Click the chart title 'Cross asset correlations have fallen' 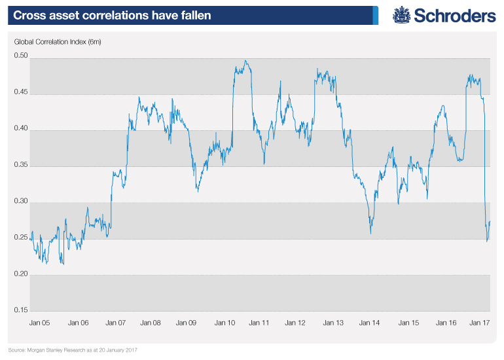109,14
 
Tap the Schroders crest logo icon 401,15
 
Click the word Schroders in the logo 453,15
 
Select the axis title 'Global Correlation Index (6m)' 58,43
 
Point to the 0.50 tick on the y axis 21,56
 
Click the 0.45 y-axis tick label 21,92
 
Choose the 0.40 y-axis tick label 21,129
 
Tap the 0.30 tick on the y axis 21,202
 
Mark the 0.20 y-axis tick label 21,274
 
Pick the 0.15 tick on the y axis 21,310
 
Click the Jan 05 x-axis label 41,323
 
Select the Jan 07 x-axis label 115,323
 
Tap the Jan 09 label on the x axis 188,323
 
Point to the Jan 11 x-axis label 261,323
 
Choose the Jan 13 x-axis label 334,323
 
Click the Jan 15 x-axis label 408,323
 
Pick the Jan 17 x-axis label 482,323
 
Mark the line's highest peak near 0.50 245,62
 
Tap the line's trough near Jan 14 370,232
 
